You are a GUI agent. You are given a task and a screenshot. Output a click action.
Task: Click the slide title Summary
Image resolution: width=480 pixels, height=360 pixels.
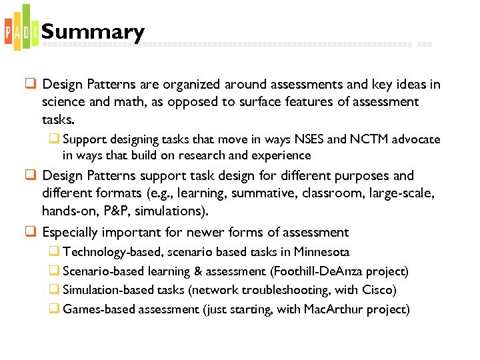click(x=93, y=32)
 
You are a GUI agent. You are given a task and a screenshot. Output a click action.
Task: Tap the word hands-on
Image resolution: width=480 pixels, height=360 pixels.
click(x=65, y=211)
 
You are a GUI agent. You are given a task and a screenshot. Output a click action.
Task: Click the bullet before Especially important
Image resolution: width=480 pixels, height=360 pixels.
click(x=31, y=232)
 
